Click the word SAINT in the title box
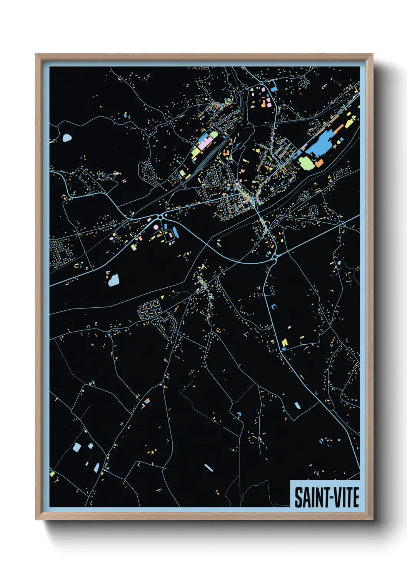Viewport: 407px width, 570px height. (308, 497)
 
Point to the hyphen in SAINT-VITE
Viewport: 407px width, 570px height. (325, 498)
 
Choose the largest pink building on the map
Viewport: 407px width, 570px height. (204, 146)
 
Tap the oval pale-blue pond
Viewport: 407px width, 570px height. (67, 137)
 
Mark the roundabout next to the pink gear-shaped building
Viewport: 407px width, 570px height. (160, 217)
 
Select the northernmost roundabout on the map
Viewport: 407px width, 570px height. (261, 83)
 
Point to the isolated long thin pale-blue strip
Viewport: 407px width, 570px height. (208, 467)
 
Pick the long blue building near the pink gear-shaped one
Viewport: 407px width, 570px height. (175, 232)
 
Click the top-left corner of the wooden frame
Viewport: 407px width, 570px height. (37, 55)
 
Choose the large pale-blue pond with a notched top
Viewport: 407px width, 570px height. (113, 280)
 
